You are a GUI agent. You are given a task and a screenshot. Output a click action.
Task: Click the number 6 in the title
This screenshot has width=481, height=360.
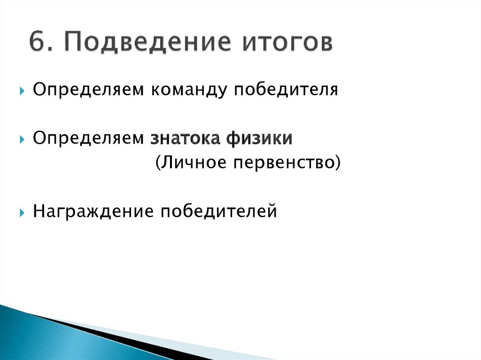(x=37, y=42)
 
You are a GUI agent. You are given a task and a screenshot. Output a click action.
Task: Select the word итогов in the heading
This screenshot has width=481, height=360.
(x=287, y=42)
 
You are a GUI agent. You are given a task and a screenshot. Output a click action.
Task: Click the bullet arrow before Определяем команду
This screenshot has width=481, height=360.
(x=22, y=90)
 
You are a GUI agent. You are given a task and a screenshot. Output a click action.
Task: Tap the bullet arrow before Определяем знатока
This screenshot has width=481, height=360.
(x=22, y=139)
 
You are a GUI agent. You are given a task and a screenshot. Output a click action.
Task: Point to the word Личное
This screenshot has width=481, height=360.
(x=187, y=163)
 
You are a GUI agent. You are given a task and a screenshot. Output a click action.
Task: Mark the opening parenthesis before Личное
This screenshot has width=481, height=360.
(x=157, y=164)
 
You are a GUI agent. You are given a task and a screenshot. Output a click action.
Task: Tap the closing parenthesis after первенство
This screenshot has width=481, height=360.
(x=337, y=164)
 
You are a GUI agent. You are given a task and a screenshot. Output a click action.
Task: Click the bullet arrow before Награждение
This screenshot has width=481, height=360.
(x=22, y=213)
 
